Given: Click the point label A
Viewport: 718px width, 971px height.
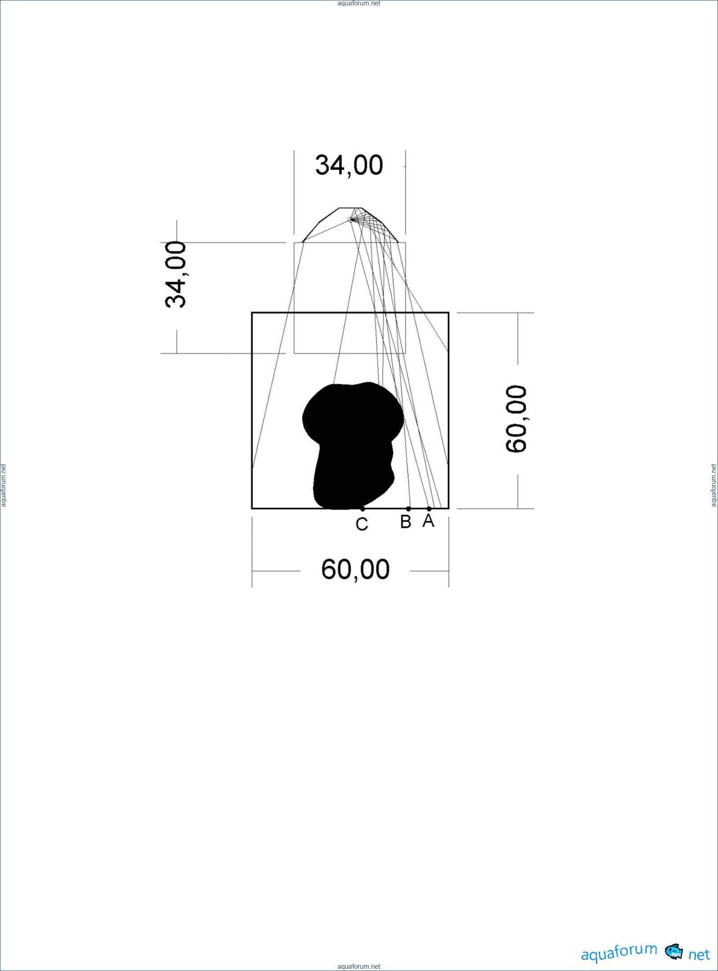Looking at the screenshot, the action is (x=428, y=521).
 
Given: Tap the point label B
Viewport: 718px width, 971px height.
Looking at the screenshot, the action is (x=406, y=521).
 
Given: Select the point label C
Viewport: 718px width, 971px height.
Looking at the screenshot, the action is (x=362, y=524).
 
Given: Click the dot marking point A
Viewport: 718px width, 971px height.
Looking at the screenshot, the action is (x=429, y=509).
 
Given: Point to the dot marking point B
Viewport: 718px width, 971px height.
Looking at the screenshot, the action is (x=408, y=509).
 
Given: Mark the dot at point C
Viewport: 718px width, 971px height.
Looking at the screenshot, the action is (x=363, y=509).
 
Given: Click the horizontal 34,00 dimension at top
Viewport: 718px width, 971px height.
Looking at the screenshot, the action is (x=349, y=165).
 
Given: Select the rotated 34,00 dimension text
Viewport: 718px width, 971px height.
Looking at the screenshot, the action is (x=175, y=275).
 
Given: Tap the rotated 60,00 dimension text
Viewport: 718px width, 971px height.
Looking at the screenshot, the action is (x=516, y=419).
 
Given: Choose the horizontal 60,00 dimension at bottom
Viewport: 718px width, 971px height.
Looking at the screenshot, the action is (x=355, y=570).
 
